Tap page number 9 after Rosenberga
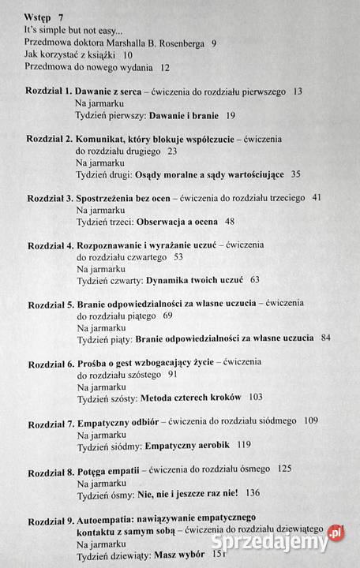pos(214,43)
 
